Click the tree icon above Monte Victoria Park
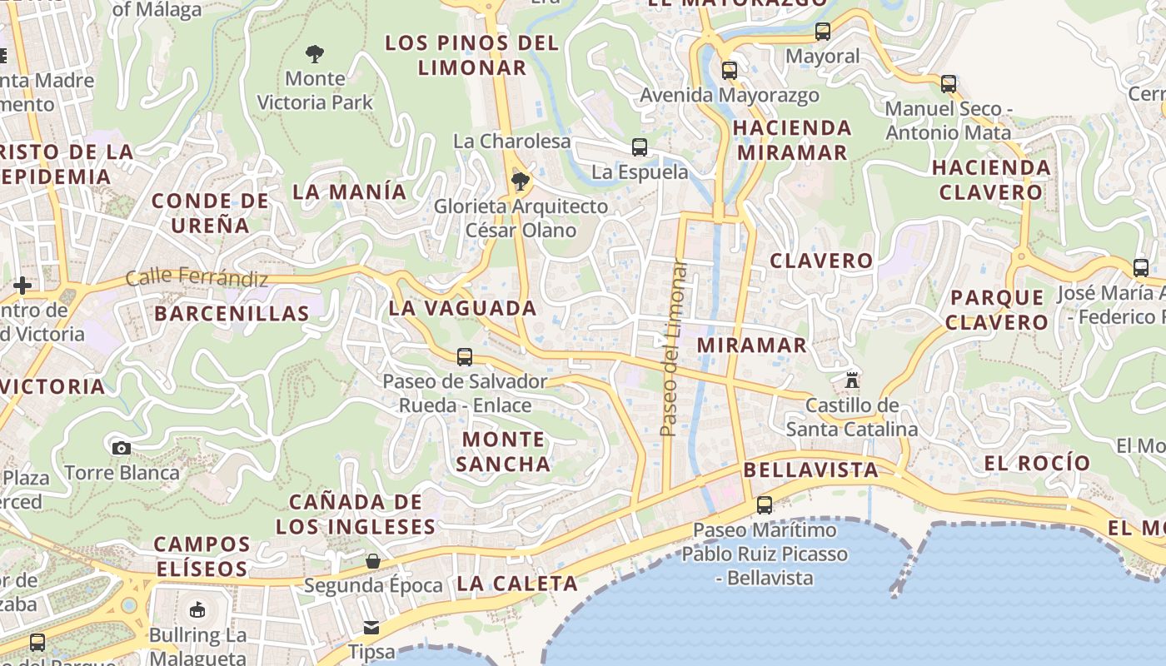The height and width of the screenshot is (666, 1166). tap(314, 54)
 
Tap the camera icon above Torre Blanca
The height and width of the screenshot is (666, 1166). tap(122, 448)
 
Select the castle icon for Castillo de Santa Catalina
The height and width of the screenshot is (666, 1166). tap(852, 380)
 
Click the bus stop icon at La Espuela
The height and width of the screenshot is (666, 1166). tap(640, 147)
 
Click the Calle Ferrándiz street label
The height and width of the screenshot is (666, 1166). tap(197, 277)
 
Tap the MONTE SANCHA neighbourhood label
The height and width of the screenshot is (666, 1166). tap(504, 451)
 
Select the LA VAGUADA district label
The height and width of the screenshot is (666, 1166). tap(463, 308)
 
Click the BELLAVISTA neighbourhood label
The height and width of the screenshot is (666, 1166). tap(810, 470)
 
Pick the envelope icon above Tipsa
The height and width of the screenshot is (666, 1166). tap(371, 627)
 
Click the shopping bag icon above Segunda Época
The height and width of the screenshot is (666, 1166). tap(373, 561)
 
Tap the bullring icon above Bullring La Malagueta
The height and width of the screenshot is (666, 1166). tap(197, 610)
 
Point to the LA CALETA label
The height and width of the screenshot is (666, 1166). tap(517, 584)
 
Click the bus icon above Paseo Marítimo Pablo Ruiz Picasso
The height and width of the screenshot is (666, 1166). tap(764, 504)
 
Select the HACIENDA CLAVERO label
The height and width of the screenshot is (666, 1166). tap(991, 180)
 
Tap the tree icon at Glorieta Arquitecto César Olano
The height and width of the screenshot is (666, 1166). tap(521, 181)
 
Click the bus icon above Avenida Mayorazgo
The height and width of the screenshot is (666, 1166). tap(730, 71)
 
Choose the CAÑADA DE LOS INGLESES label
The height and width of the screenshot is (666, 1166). tap(356, 514)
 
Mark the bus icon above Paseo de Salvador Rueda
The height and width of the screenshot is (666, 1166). tap(465, 357)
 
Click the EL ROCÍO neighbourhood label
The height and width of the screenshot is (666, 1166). tap(1037, 463)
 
